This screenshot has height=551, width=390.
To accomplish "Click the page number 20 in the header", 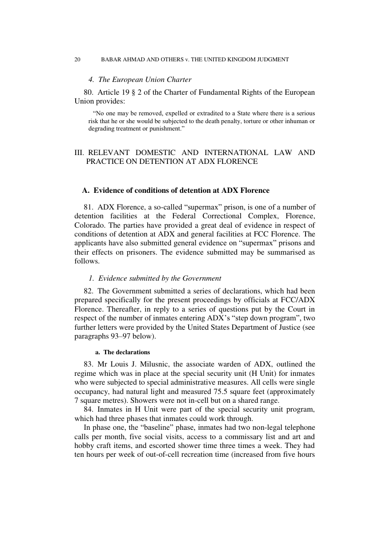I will pyautogui.click(x=77, y=59).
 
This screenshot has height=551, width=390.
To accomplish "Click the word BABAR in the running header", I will pyautogui.click(x=111, y=59).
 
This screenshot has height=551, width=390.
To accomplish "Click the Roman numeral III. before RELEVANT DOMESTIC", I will pyautogui.click(x=79, y=153).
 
